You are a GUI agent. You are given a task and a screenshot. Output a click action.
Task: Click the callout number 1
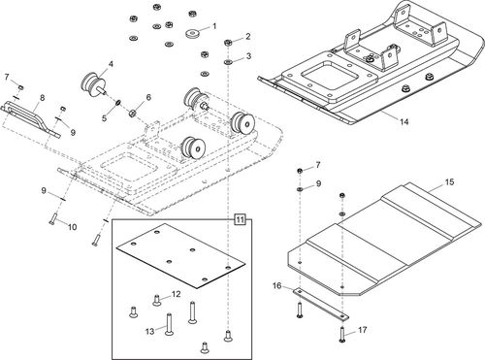(213, 26)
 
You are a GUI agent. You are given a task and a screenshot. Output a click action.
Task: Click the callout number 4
(110, 65)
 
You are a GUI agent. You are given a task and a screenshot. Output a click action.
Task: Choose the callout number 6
(148, 98)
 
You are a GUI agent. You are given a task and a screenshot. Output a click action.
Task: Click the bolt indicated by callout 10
(48, 220)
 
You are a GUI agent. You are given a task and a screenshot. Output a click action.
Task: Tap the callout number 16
(276, 286)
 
